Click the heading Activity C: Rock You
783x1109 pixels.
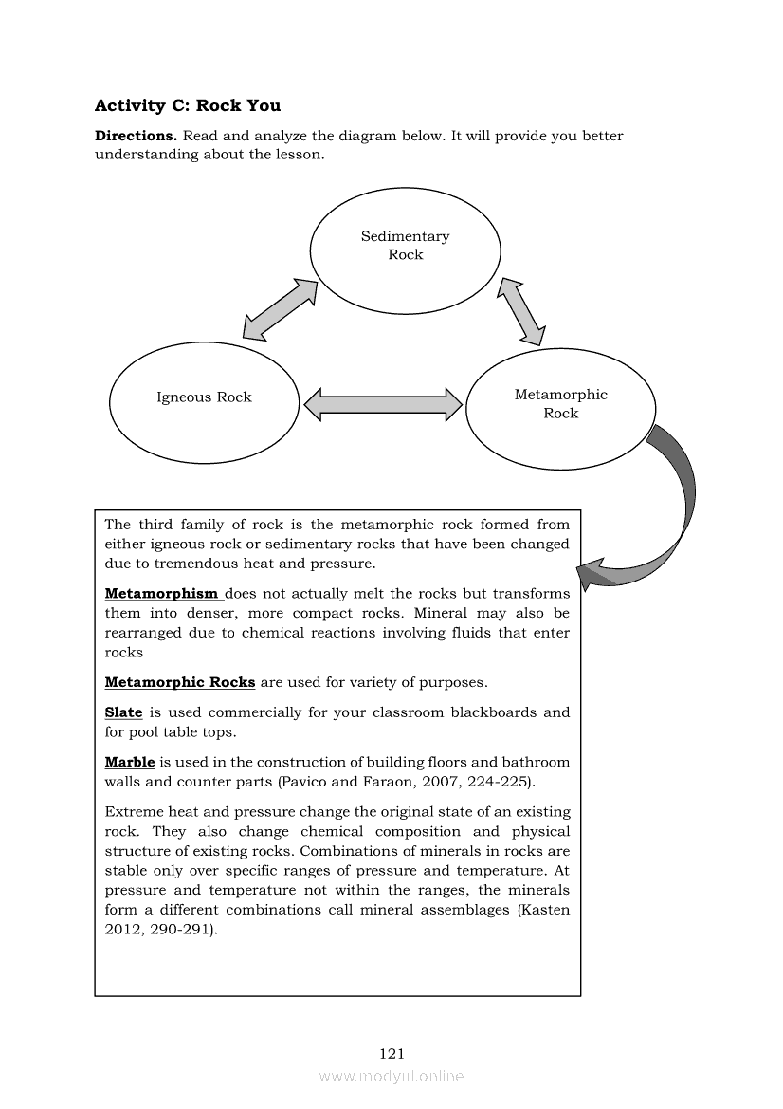[188, 105]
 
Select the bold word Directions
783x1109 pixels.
[136, 136]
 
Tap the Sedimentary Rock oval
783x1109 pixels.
[405, 246]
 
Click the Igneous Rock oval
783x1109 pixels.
[204, 397]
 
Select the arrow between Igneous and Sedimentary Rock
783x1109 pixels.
[280, 308]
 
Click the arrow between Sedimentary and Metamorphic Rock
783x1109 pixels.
[522, 311]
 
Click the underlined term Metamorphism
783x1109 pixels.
[162, 593]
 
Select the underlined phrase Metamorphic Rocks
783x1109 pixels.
[179, 682]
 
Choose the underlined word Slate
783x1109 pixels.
[123, 712]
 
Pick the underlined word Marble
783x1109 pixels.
[129, 762]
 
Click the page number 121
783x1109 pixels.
[391, 1053]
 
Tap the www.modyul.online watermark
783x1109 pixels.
[391, 1076]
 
